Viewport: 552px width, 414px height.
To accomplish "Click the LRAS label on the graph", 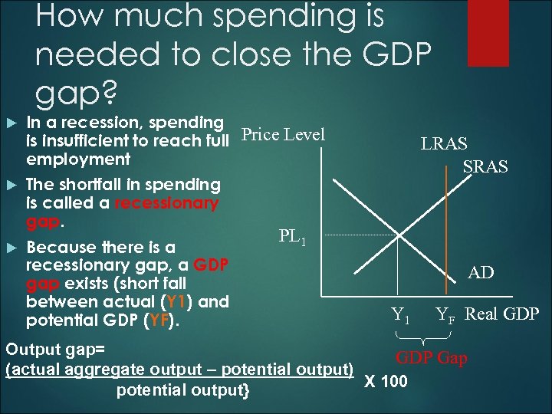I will pos(443,143).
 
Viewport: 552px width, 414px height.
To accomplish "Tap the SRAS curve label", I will pos(485,166).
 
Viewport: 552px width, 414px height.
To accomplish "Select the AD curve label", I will pos(481,272).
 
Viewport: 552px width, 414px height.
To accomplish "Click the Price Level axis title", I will pos(283,135).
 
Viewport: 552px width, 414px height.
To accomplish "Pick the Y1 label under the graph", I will pos(401,314).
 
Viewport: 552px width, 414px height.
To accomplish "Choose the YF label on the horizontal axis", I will pos(446,314).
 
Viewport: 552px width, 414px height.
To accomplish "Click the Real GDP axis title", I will pos(502,313).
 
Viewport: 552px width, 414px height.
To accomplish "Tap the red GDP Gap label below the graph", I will pos(431,358).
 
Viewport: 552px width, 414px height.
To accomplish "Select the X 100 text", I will pos(386,381).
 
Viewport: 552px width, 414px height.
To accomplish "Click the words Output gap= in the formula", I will pos(55,350).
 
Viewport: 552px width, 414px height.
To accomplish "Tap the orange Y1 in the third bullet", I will pos(176,301).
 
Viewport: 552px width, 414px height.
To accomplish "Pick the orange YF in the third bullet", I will pos(161,320).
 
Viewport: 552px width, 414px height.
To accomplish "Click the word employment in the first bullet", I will pos(78,159).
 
